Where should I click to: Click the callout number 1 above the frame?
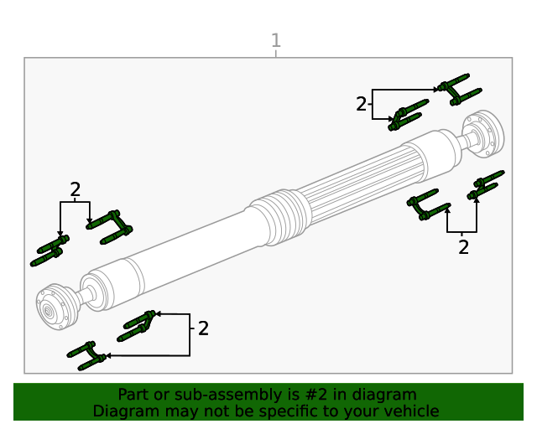276,40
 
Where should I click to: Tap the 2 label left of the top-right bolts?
362,104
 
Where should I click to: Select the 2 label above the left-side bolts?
76,189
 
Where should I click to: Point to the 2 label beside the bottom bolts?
203,328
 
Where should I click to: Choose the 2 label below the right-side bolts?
463,246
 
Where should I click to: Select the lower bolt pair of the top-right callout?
407,114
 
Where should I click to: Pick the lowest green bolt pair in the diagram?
89,355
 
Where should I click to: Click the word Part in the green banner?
133,395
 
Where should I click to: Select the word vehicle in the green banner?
410,411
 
